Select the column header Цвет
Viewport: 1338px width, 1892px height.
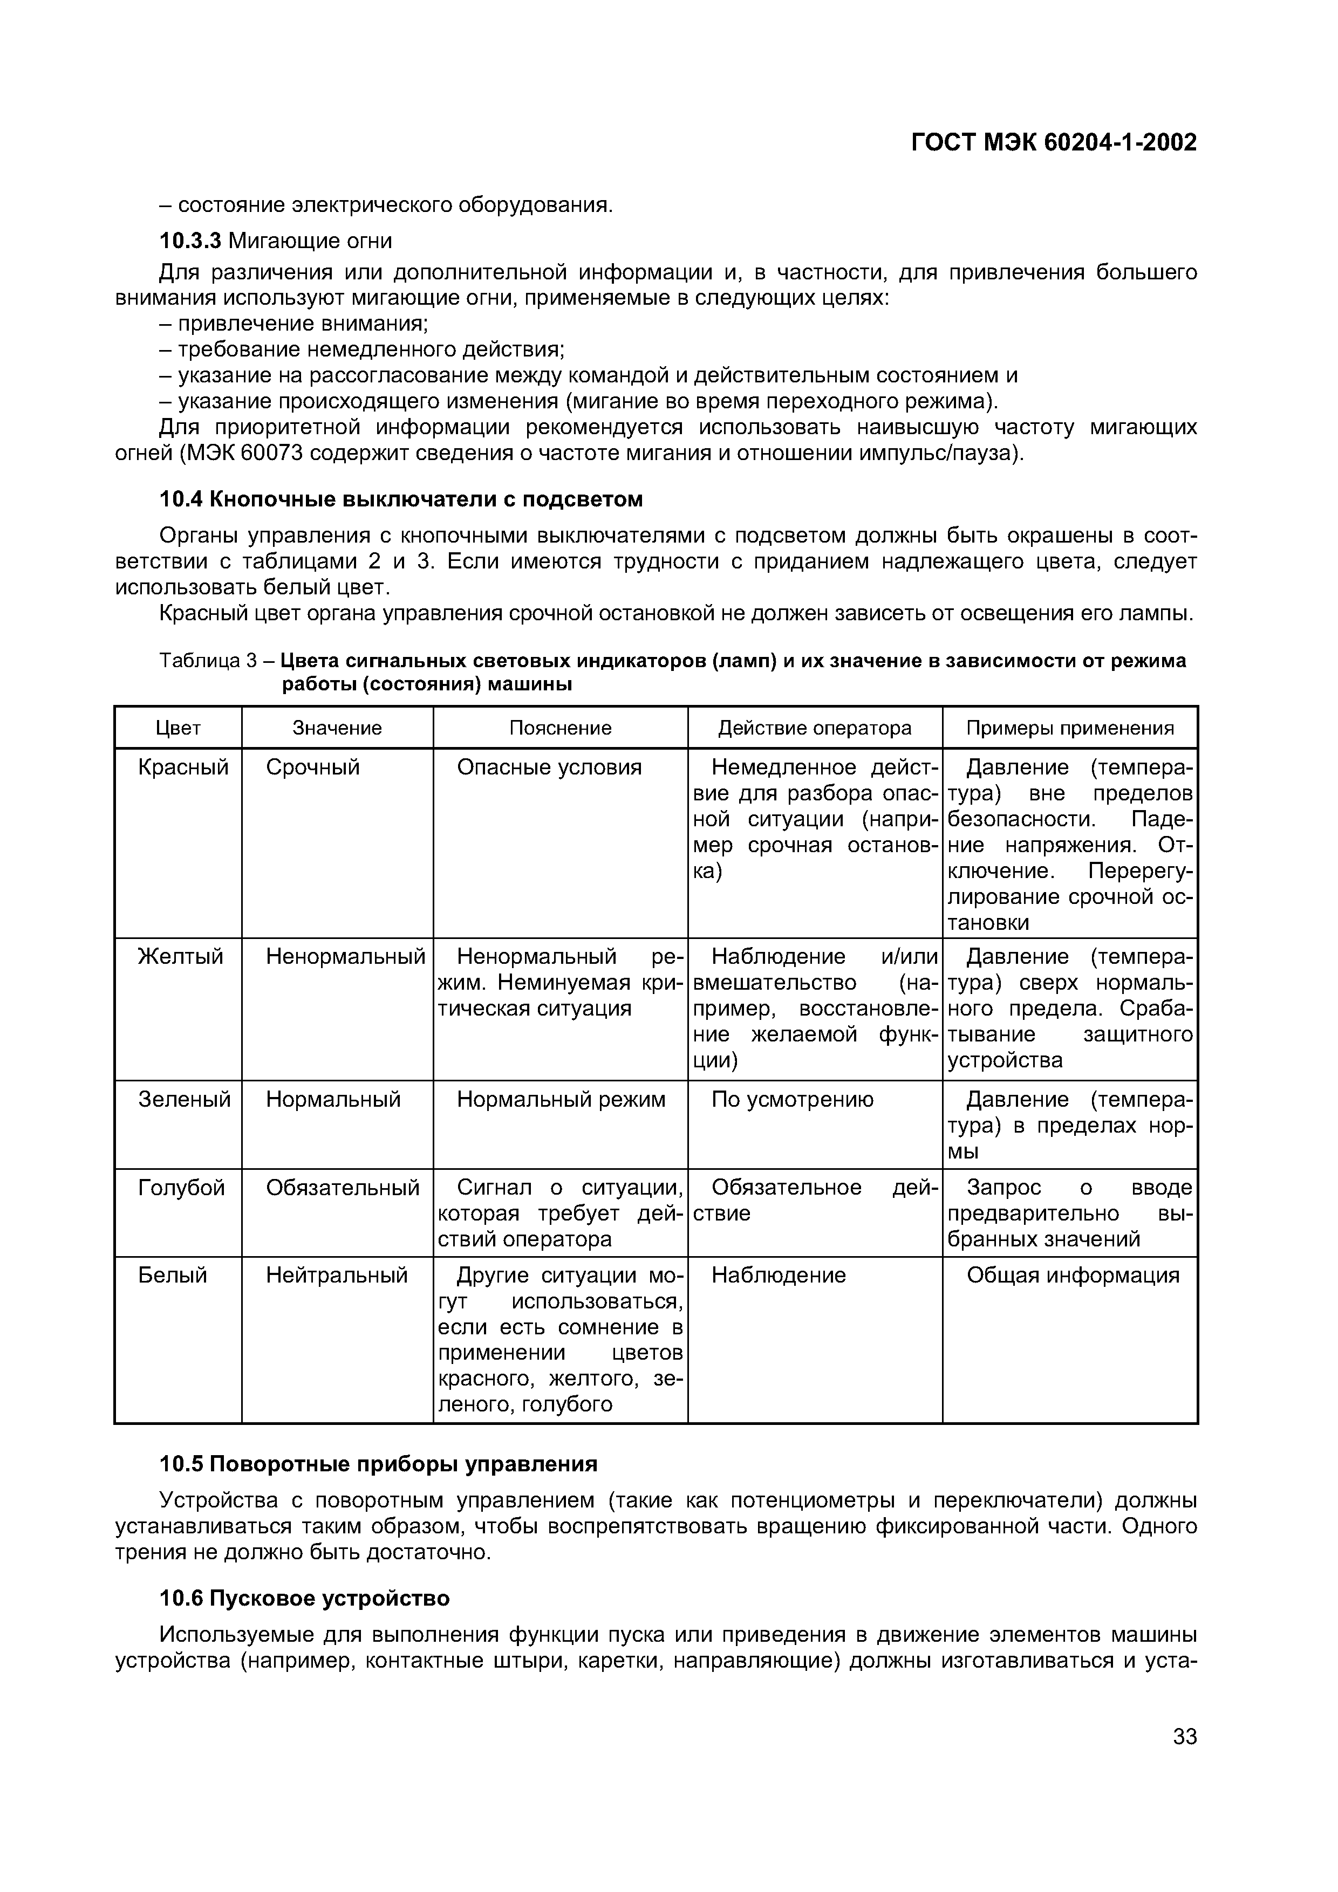[x=178, y=728]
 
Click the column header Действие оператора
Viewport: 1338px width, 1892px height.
[x=815, y=728]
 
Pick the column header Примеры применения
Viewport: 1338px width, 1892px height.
[x=1069, y=728]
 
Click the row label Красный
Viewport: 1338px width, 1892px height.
[x=183, y=767]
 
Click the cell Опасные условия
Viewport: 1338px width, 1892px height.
[x=549, y=767]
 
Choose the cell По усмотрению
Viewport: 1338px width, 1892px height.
[x=792, y=1099]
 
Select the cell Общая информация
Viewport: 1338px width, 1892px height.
[x=1073, y=1275]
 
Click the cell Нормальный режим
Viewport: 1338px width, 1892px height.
[x=561, y=1099]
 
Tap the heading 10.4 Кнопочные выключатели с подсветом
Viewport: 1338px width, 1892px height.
[x=401, y=499]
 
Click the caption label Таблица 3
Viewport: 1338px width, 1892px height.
[x=209, y=660]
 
